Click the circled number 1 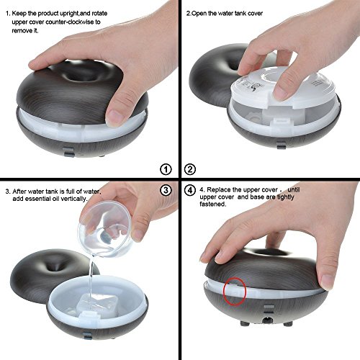(166, 169)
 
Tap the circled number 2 (190, 169)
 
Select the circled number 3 (166, 190)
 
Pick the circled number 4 (190, 190)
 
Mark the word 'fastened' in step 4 (212, 204)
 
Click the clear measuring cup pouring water (106, 229)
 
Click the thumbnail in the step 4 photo (328, 282)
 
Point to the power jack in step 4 (266, 320)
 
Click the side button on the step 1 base (69, 151)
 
